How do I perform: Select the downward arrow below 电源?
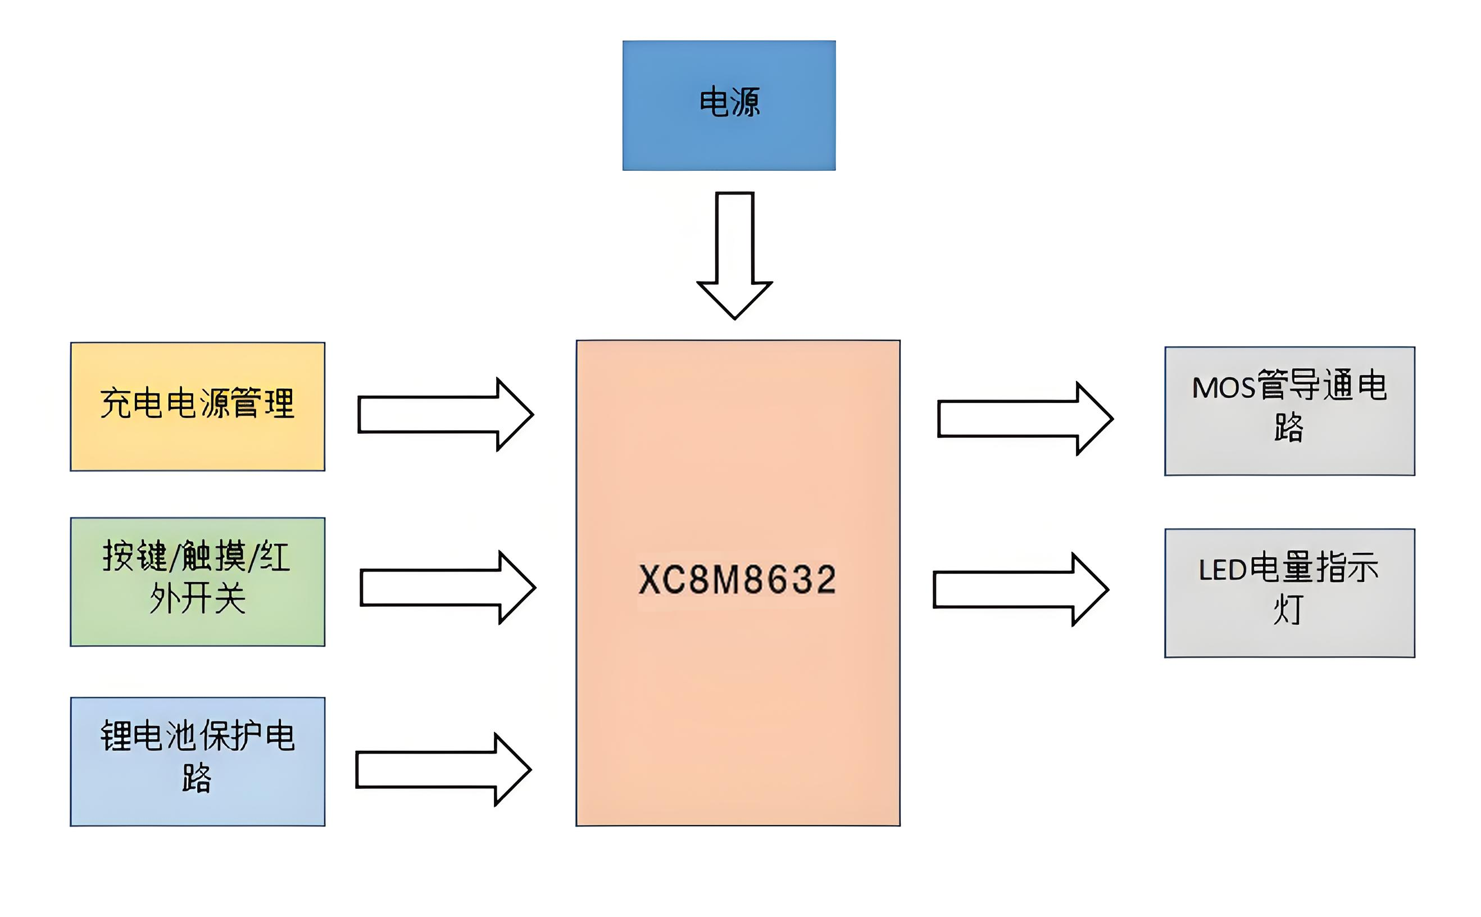tap(734, 255)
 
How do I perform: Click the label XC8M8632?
tap(737, 579)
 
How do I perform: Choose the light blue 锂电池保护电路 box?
tap(198, 807)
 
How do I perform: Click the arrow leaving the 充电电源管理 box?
tap(446, 414)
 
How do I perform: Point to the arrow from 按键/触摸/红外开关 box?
tap(448, 587)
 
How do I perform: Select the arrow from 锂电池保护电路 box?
tap(443, 770)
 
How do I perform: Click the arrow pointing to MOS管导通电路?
tap(1025, 419)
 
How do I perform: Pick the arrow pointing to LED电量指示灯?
tap(1021, 589)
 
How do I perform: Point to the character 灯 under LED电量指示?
tap(1288, 610)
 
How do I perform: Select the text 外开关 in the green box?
tap(198, 598)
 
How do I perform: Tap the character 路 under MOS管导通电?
tap(1289, 428)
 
